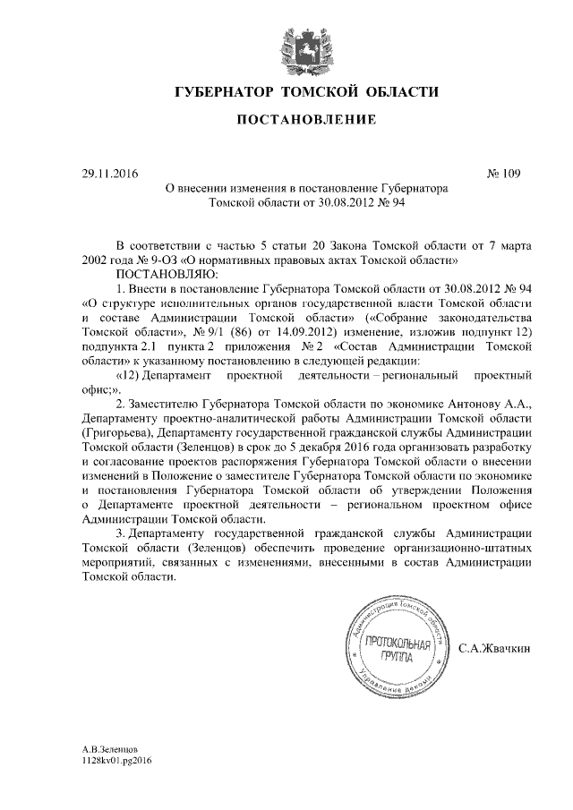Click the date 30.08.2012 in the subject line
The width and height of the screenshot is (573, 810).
[x=340, y=203]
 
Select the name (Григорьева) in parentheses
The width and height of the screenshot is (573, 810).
[x=112, y=433]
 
